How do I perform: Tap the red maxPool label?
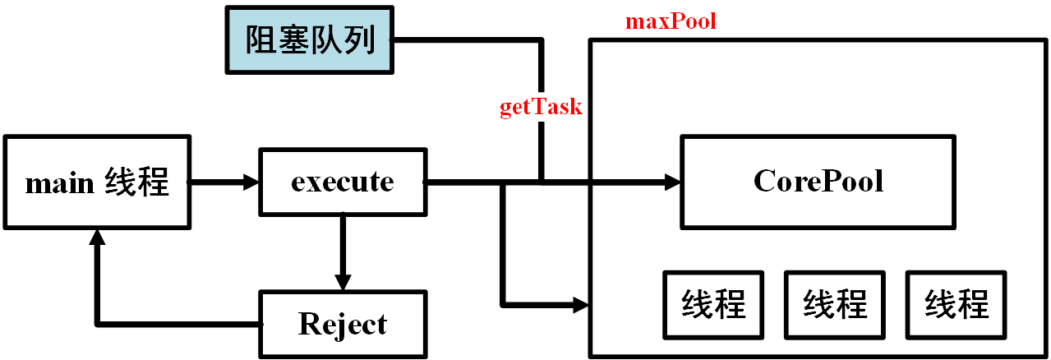pyautogui.click(x=671, y=21)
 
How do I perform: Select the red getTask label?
pyautogui.click(x=541, y=107)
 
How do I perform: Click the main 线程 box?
pyautogui.click(x=97, y=182)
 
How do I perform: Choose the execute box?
pyautogui.click(x=343, y=182)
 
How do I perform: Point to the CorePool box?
pyautogui.click(x=818, y=182)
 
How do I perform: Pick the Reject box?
pyautogui.click(x=343, y=324)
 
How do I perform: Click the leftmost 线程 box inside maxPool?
pyautogui.click(x=713, y=305)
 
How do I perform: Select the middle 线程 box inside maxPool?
pyautogui.click(x=834, y=305)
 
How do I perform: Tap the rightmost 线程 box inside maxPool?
pyautogui.click(x=956, y=305)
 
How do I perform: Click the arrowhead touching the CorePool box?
pyautogui.click(x=673, y=182)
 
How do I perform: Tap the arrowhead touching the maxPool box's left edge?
pyautogui.click(x=582, y=305)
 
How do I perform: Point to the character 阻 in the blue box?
pyautogui.click(x=261, y=39)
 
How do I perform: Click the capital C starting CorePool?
pyautogui.click(x=764, y=182)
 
